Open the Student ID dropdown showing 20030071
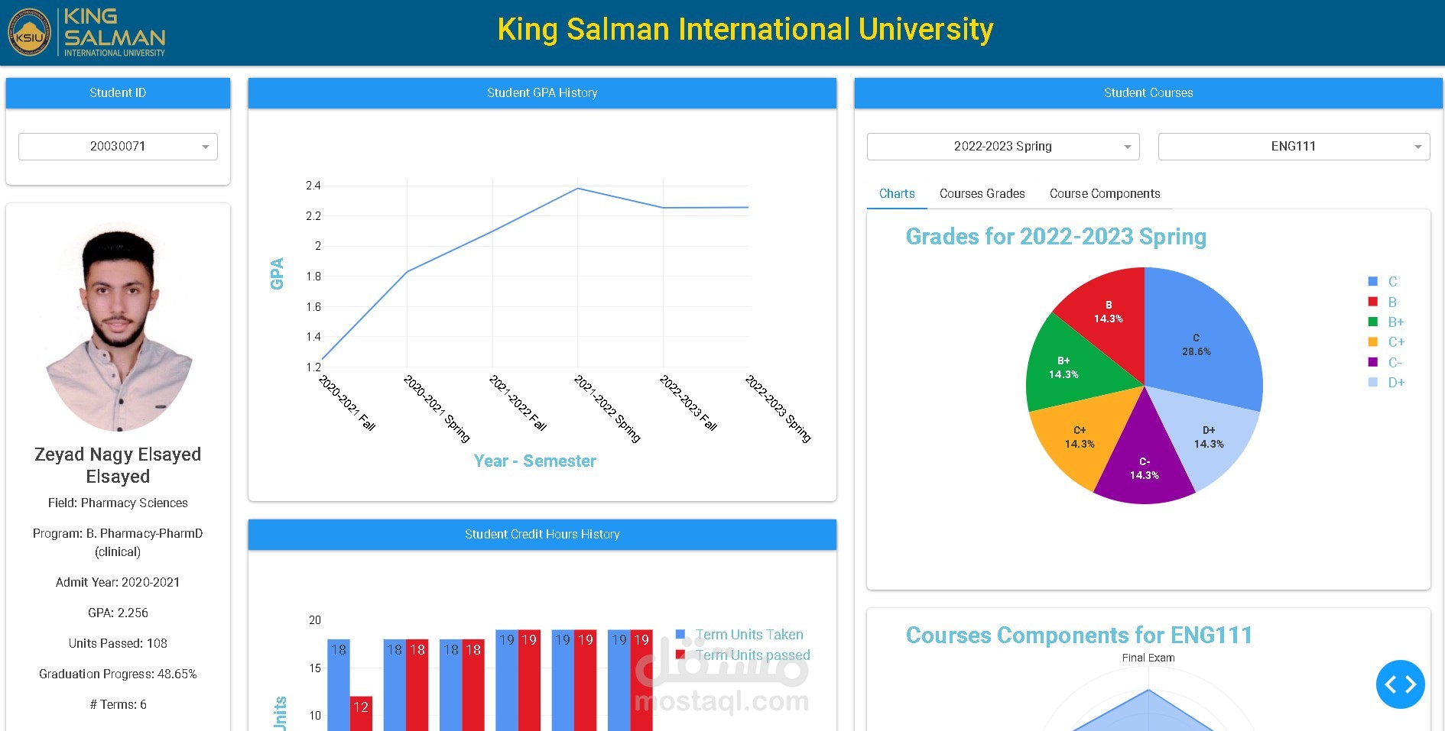point(118,147)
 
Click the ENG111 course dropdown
point(1294,147)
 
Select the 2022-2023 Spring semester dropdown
point(1003,147)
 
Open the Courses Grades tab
point(982,194)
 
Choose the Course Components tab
point(1104,194)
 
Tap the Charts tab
point(897,194)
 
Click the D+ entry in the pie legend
point(1395,383)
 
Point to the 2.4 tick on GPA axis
point(313,186)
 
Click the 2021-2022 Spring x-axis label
point(607,409)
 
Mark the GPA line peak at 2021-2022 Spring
point(578,189)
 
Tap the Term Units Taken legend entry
point(748,635)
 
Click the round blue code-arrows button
point(1400,684)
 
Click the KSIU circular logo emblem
point(29,33)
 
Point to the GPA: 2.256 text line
point(118,613)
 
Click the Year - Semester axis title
point(534,461)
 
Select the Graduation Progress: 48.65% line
point(118,674)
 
